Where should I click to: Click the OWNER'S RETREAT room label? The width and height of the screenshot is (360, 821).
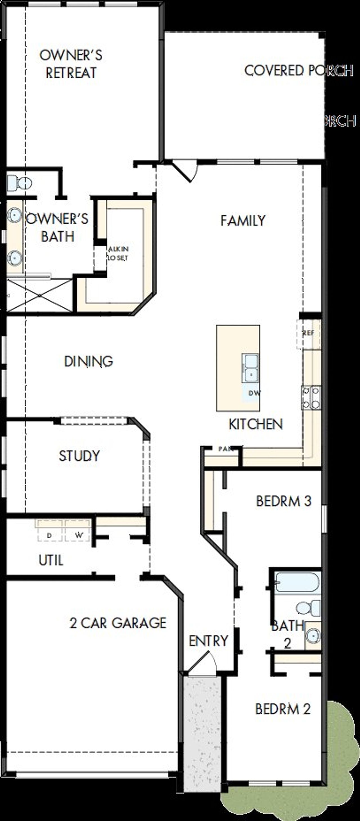tap(71, 64)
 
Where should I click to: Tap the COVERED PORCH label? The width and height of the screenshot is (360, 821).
tap(298, 70)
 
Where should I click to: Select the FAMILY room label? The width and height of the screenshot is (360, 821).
tap(243, 221)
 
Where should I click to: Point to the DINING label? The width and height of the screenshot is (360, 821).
tap(88, 361)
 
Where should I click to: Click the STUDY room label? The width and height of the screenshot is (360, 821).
tap(79, 456)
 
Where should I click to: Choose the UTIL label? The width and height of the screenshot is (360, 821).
tap(51, 560)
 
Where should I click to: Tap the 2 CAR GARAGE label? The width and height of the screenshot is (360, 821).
tap(118, 623)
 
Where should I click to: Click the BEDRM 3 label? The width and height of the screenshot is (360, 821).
tap(283, 501)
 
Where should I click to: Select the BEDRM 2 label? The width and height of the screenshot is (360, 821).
tap(283, 709)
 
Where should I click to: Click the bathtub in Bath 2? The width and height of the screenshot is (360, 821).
tap(297, 582)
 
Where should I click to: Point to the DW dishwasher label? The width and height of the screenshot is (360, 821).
tap(254, 393)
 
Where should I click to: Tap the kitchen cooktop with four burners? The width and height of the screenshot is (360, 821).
tap(311, 397)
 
